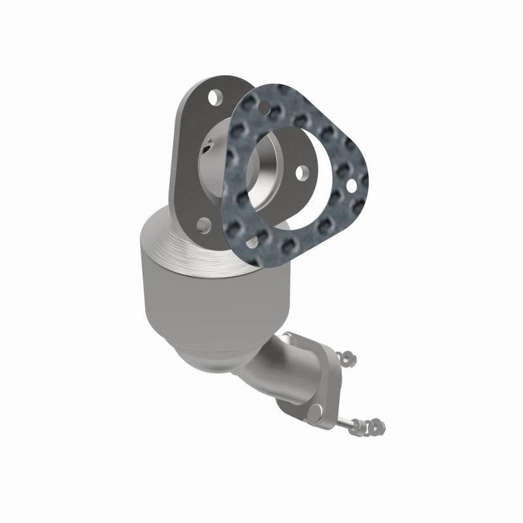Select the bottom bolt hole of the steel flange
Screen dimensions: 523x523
pyautogui.click(x=204, y=226)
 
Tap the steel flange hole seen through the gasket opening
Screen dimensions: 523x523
pyautogui.click(x=301, y=173)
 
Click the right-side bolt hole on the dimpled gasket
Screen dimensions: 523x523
pyautogui.click(x=352, y=186)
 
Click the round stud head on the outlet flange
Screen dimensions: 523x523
pyautogui.click(x=316, y=411)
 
